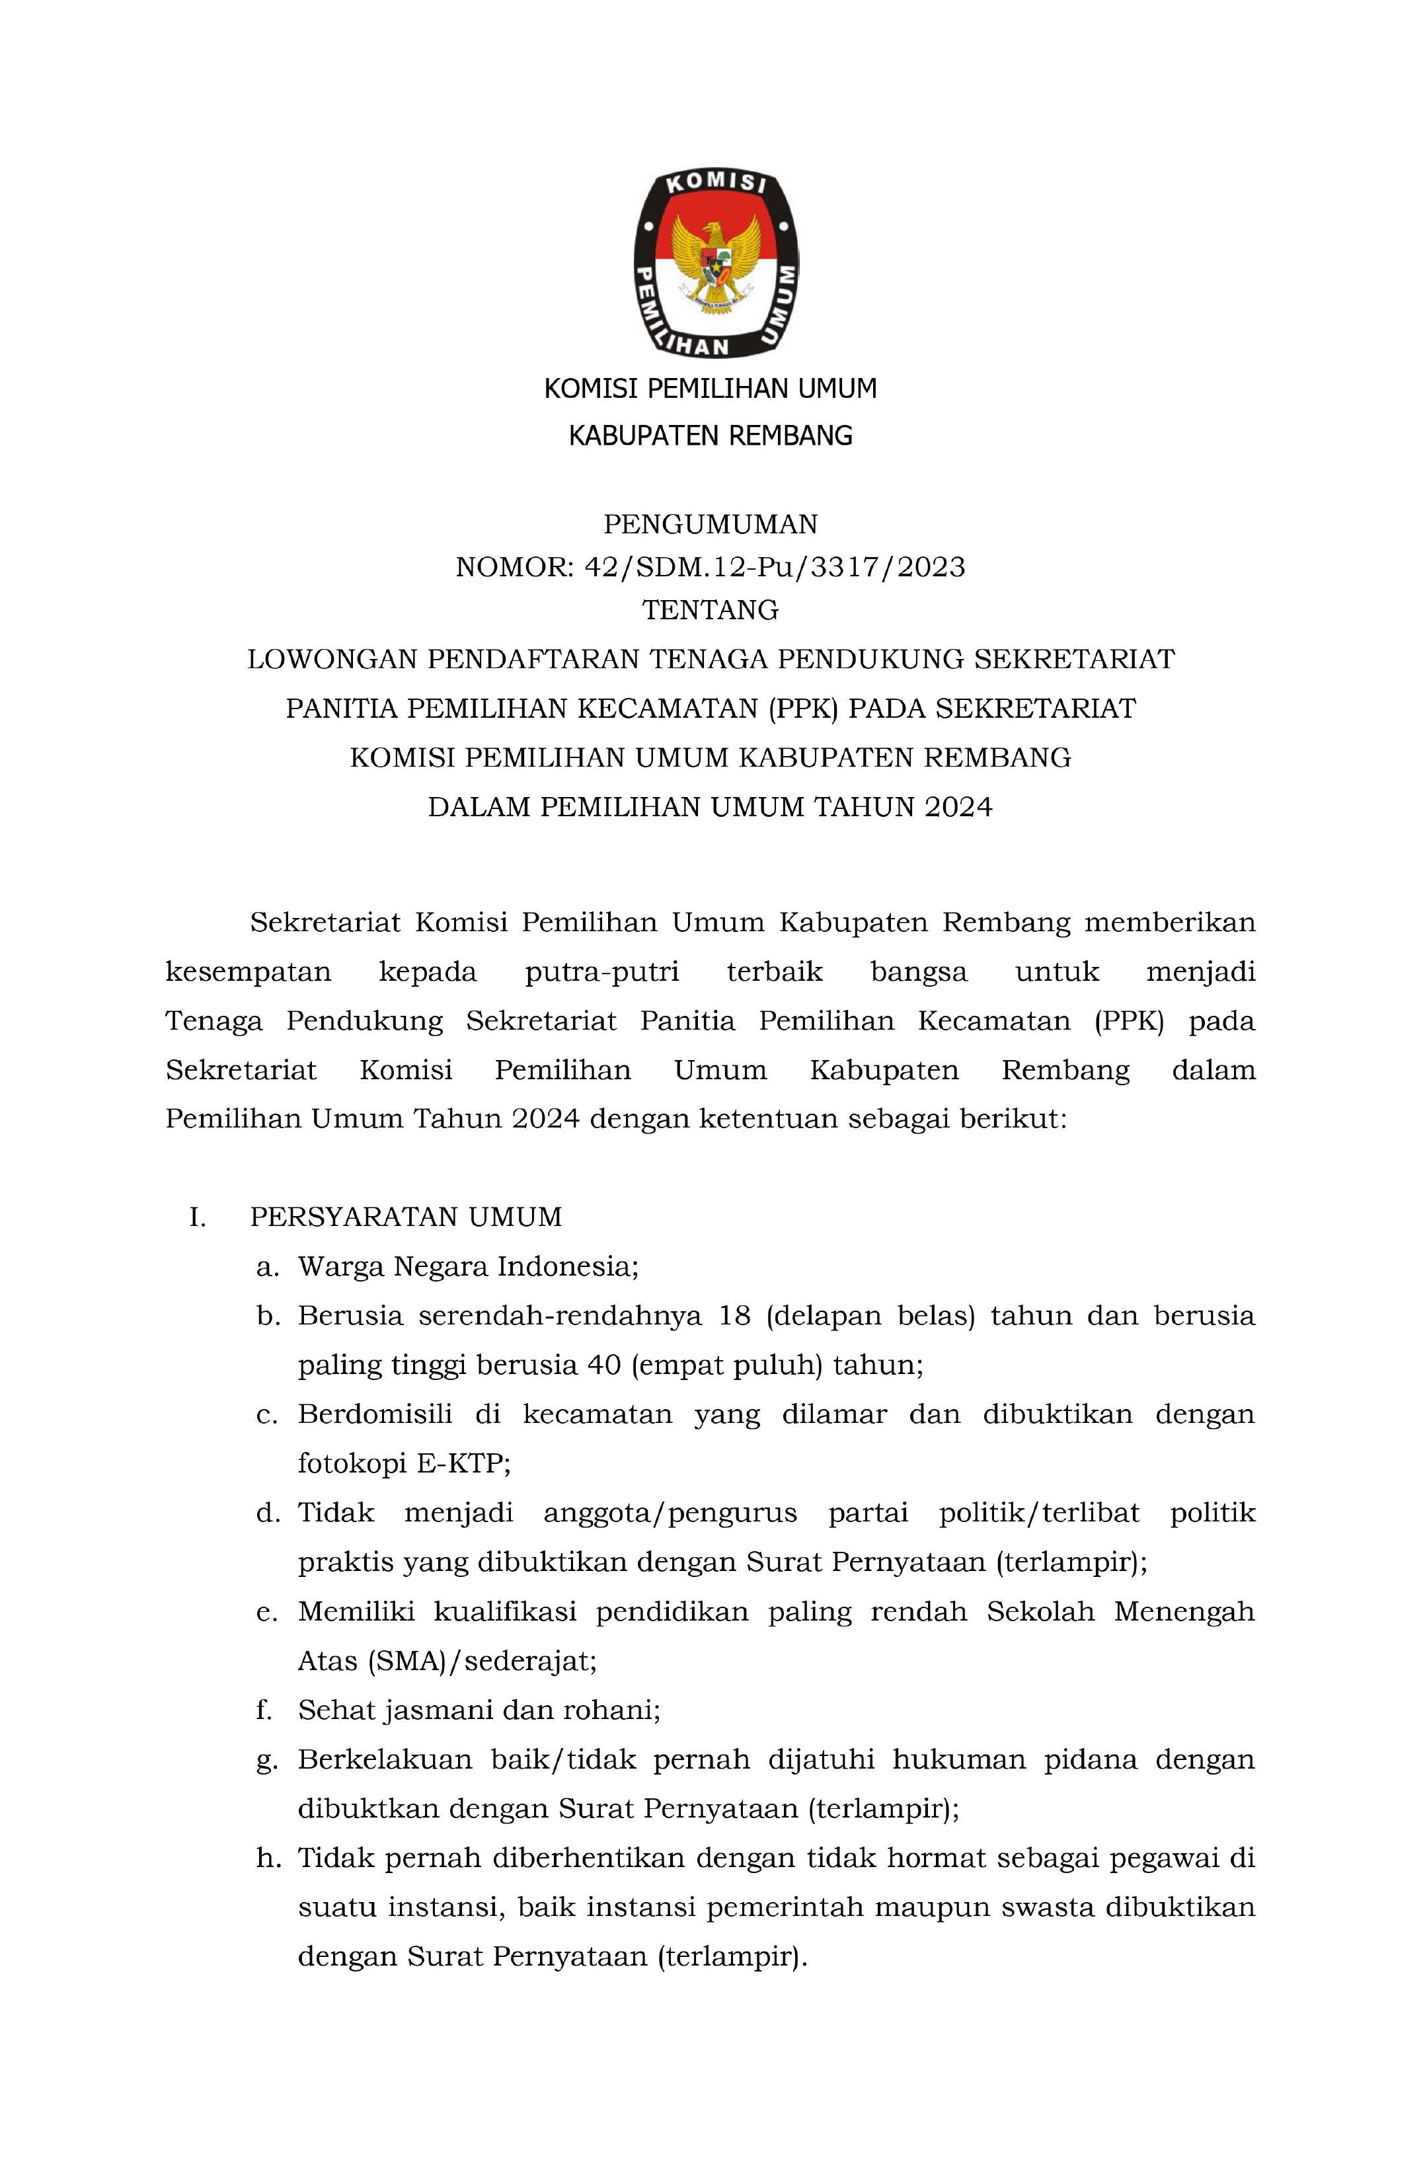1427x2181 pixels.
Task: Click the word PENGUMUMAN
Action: pos(711,524)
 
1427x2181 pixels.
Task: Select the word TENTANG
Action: pos(711,609)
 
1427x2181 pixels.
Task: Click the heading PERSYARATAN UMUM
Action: pos(406,1217)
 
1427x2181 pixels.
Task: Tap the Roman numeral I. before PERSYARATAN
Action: pos(197,1217)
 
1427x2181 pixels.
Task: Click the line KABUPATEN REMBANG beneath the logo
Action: pos(711,436)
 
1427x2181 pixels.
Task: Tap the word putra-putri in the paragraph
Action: pos(601,972)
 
